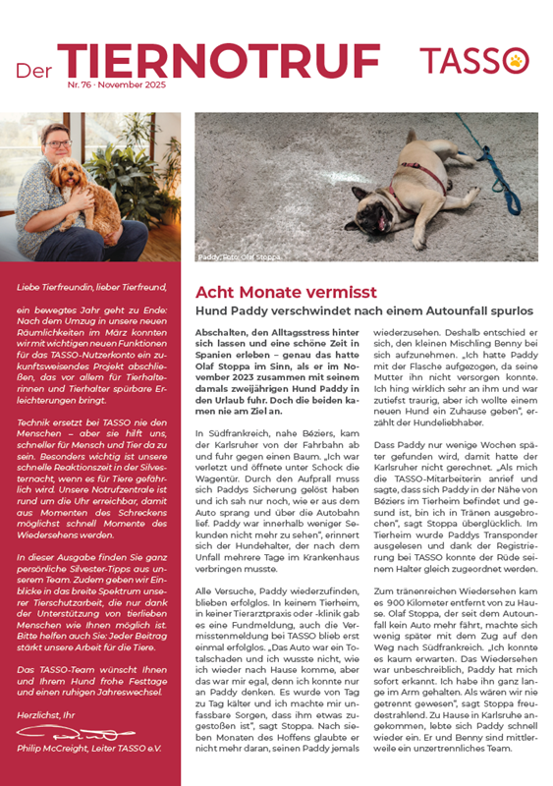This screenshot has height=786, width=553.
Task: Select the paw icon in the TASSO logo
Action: (x=517, y=61)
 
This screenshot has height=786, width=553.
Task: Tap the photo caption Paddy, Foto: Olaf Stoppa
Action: (x=239, y=257)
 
